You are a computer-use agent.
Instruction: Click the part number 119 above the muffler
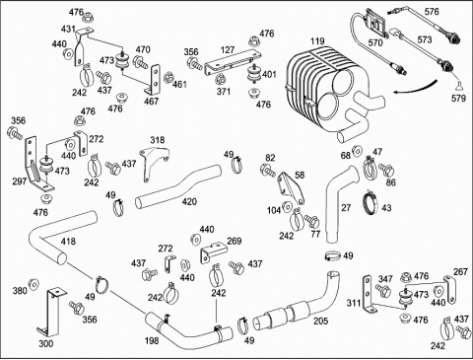[317, 41]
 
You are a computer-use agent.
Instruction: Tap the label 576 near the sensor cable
[432, 12]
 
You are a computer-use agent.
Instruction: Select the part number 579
[459, 98]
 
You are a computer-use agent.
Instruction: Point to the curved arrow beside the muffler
[417, 88]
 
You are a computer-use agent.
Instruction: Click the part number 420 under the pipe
[189, 201]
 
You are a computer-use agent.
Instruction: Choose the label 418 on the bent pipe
[68, 242]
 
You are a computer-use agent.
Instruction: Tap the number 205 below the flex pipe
[320, 321]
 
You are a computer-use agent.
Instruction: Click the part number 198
[152, 340]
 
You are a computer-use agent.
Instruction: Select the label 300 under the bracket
[46, 344]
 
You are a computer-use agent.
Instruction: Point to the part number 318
[158, 140]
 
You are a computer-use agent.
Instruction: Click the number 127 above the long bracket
[228, 50]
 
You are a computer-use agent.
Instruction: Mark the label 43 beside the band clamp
[386, 208]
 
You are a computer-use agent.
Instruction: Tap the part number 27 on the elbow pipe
[346, 208]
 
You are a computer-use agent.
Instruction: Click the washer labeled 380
[34, 284]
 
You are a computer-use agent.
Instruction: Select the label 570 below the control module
[375, 42]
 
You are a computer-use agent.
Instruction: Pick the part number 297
[20, 180]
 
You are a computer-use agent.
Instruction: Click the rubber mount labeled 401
[253, 76]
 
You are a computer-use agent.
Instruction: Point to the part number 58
[300, 175]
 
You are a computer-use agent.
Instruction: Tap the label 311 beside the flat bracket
[354, 303]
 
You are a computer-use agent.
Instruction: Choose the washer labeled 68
[357, 150]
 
